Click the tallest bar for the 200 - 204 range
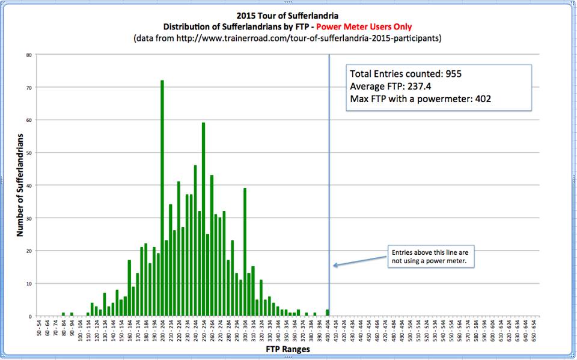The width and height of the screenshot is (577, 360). coord(162,198)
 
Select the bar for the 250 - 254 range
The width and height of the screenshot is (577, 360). coord(204,219)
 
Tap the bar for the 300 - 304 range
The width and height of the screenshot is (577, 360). coord(245,252)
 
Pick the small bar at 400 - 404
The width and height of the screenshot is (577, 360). coord(328,313)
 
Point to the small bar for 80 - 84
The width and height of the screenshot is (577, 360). coord(63,314)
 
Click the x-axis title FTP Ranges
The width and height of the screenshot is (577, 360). coord(288,348)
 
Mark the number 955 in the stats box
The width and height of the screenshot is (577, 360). coord(453,75)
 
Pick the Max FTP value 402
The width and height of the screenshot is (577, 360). coord(481,99)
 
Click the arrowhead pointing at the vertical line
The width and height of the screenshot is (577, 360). coord(335,265)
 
